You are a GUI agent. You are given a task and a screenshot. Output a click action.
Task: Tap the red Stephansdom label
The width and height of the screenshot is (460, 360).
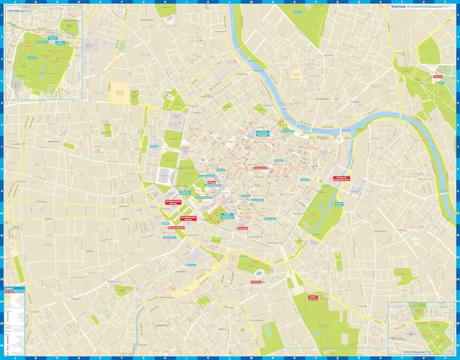[259, 168]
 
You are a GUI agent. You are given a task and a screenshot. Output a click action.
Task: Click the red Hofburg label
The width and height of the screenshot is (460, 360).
[211, 183]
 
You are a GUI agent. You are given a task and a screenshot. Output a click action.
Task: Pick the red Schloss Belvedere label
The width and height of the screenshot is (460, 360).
[313, 297]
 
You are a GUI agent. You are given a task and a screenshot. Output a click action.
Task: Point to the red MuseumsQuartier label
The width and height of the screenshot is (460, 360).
[177, 227]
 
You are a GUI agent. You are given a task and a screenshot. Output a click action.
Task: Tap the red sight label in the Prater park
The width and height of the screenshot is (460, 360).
[438, 77]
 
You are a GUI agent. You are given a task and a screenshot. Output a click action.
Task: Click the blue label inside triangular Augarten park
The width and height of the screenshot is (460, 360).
[296, 12]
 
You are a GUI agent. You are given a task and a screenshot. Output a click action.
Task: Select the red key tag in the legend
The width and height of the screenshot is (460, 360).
[10, 292]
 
